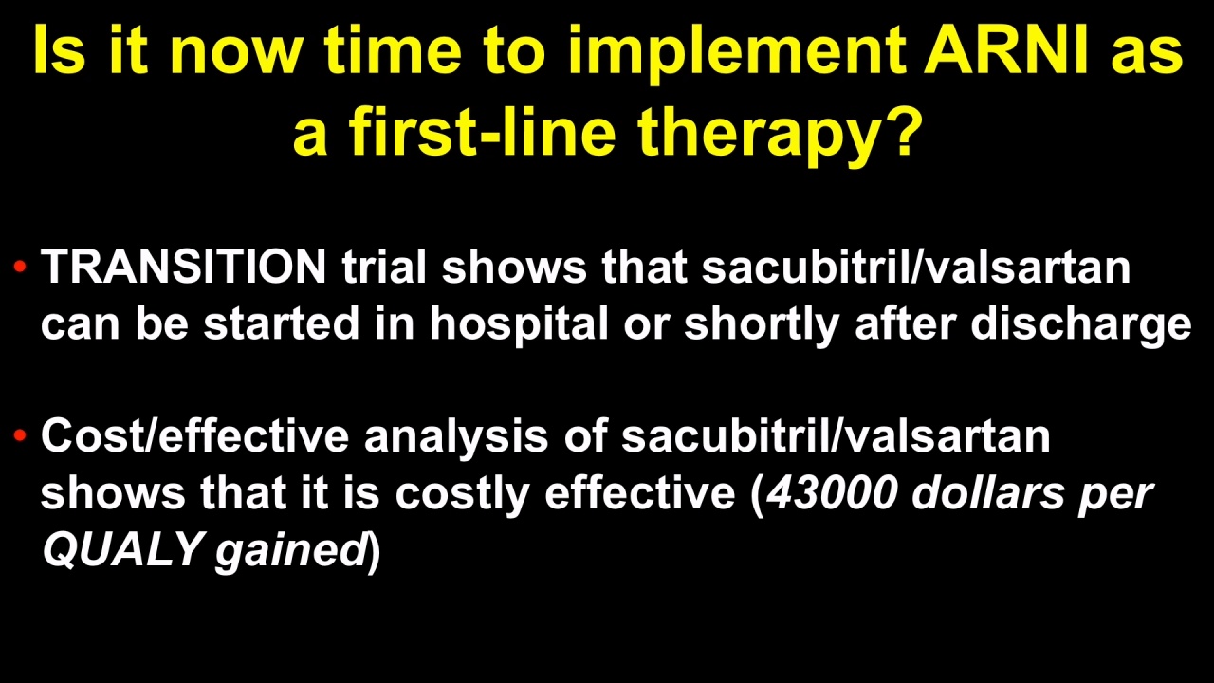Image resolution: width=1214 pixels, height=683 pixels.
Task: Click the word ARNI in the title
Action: coord(1006,50)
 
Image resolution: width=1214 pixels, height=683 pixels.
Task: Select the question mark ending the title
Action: coord(902,130)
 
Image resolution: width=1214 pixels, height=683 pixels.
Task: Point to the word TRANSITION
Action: coord(184,267)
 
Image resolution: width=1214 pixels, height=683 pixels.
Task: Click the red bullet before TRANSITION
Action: coord(20,266)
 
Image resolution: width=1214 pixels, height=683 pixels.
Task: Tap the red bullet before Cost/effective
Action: coord(20,434)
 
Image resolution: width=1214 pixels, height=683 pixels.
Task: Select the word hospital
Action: coord(519,324)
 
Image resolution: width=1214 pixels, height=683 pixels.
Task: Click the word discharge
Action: coord(1080,324)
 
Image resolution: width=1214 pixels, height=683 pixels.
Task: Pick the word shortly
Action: coord(762,324)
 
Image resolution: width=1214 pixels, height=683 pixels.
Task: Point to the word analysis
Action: coord(456,437)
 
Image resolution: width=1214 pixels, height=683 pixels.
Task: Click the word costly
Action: coord(462,494)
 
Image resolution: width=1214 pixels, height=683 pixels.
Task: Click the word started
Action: coord(282,324)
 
